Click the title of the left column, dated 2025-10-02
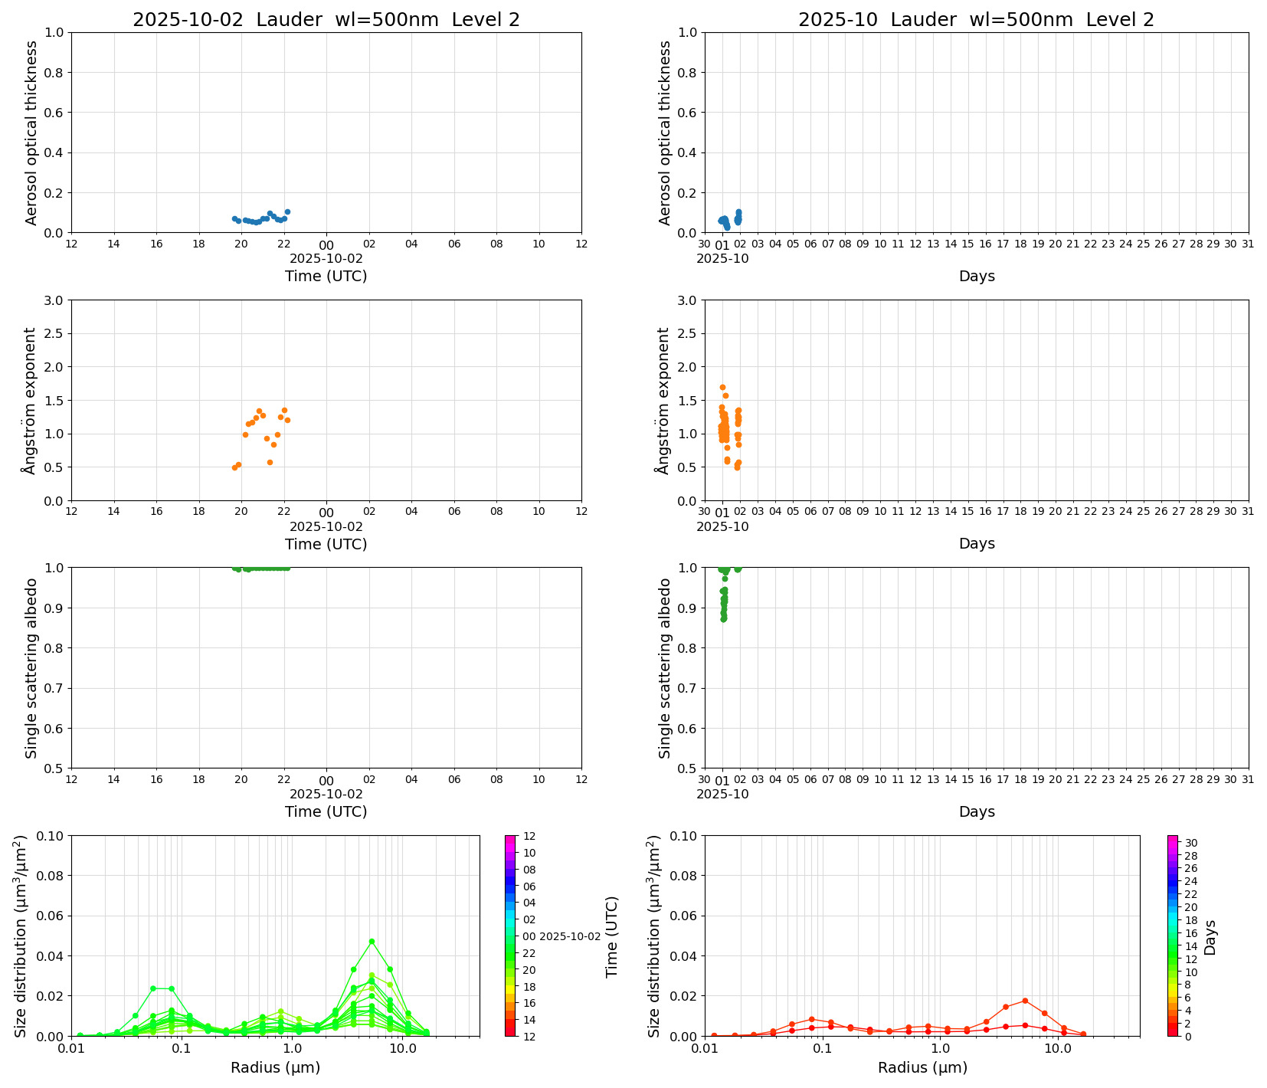[326, 20]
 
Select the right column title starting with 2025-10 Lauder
[976, 20]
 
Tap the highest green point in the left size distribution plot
[372, 941]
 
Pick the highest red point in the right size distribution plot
[1025, 1001]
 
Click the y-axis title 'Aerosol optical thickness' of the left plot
[31, 133]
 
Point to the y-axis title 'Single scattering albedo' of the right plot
[665, 668]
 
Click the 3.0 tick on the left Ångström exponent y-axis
[54, 300]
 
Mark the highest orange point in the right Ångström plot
[722, 388]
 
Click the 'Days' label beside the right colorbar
[1210, 936]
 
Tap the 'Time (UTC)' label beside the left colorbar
[611, 936]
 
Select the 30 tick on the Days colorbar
[1191, 843]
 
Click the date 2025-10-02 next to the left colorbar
[570, 936]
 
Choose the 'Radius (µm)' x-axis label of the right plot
[922, 1067]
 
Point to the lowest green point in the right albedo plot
[723, 618]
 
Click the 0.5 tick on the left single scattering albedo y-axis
[54, 768]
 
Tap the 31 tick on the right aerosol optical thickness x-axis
[1248, 244]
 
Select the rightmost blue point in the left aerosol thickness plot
[287, 211]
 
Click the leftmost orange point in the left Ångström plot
[234, 467]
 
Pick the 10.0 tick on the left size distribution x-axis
[402, 1048]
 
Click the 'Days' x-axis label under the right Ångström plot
[976, 543]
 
